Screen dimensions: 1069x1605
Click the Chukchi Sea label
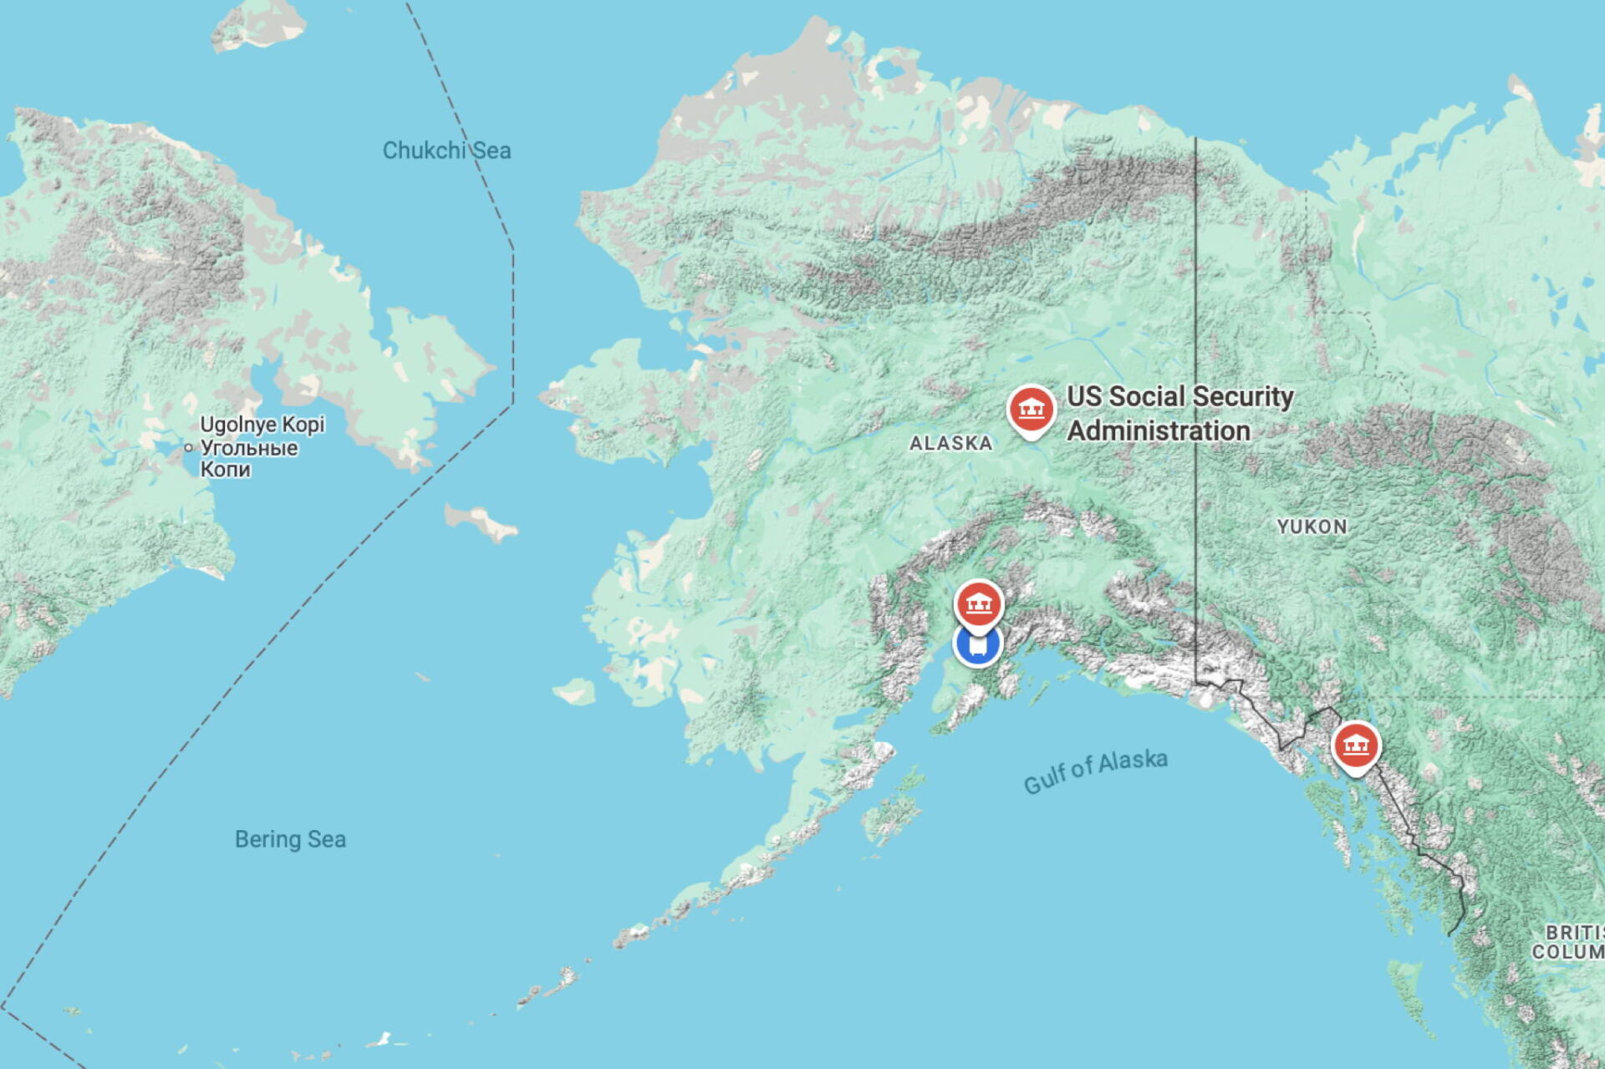coord(446,150)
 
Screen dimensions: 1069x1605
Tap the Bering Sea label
coord(290,839)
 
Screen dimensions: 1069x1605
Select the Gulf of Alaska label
coord(1095,771)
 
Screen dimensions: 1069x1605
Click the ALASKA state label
coord(950,443)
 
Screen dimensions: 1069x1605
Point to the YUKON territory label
coord(1312,527)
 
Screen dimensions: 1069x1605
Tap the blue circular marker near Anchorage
coord(977,645)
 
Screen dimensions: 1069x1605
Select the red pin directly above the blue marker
coord(979,603)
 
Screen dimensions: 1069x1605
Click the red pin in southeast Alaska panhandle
coord(1355,744)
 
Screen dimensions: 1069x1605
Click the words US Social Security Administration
coord(1180,413)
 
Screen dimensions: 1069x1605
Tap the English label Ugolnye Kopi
coord(262,425)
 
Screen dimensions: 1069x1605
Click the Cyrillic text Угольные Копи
coord(248,458)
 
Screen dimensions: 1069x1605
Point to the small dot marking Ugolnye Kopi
coord(188,448)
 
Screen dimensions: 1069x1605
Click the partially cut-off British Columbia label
coord(1570,942)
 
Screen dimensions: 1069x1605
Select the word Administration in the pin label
coord(1159,431)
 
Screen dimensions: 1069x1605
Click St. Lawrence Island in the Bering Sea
coord(481,522)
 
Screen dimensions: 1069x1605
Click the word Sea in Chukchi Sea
coord(492,151)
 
